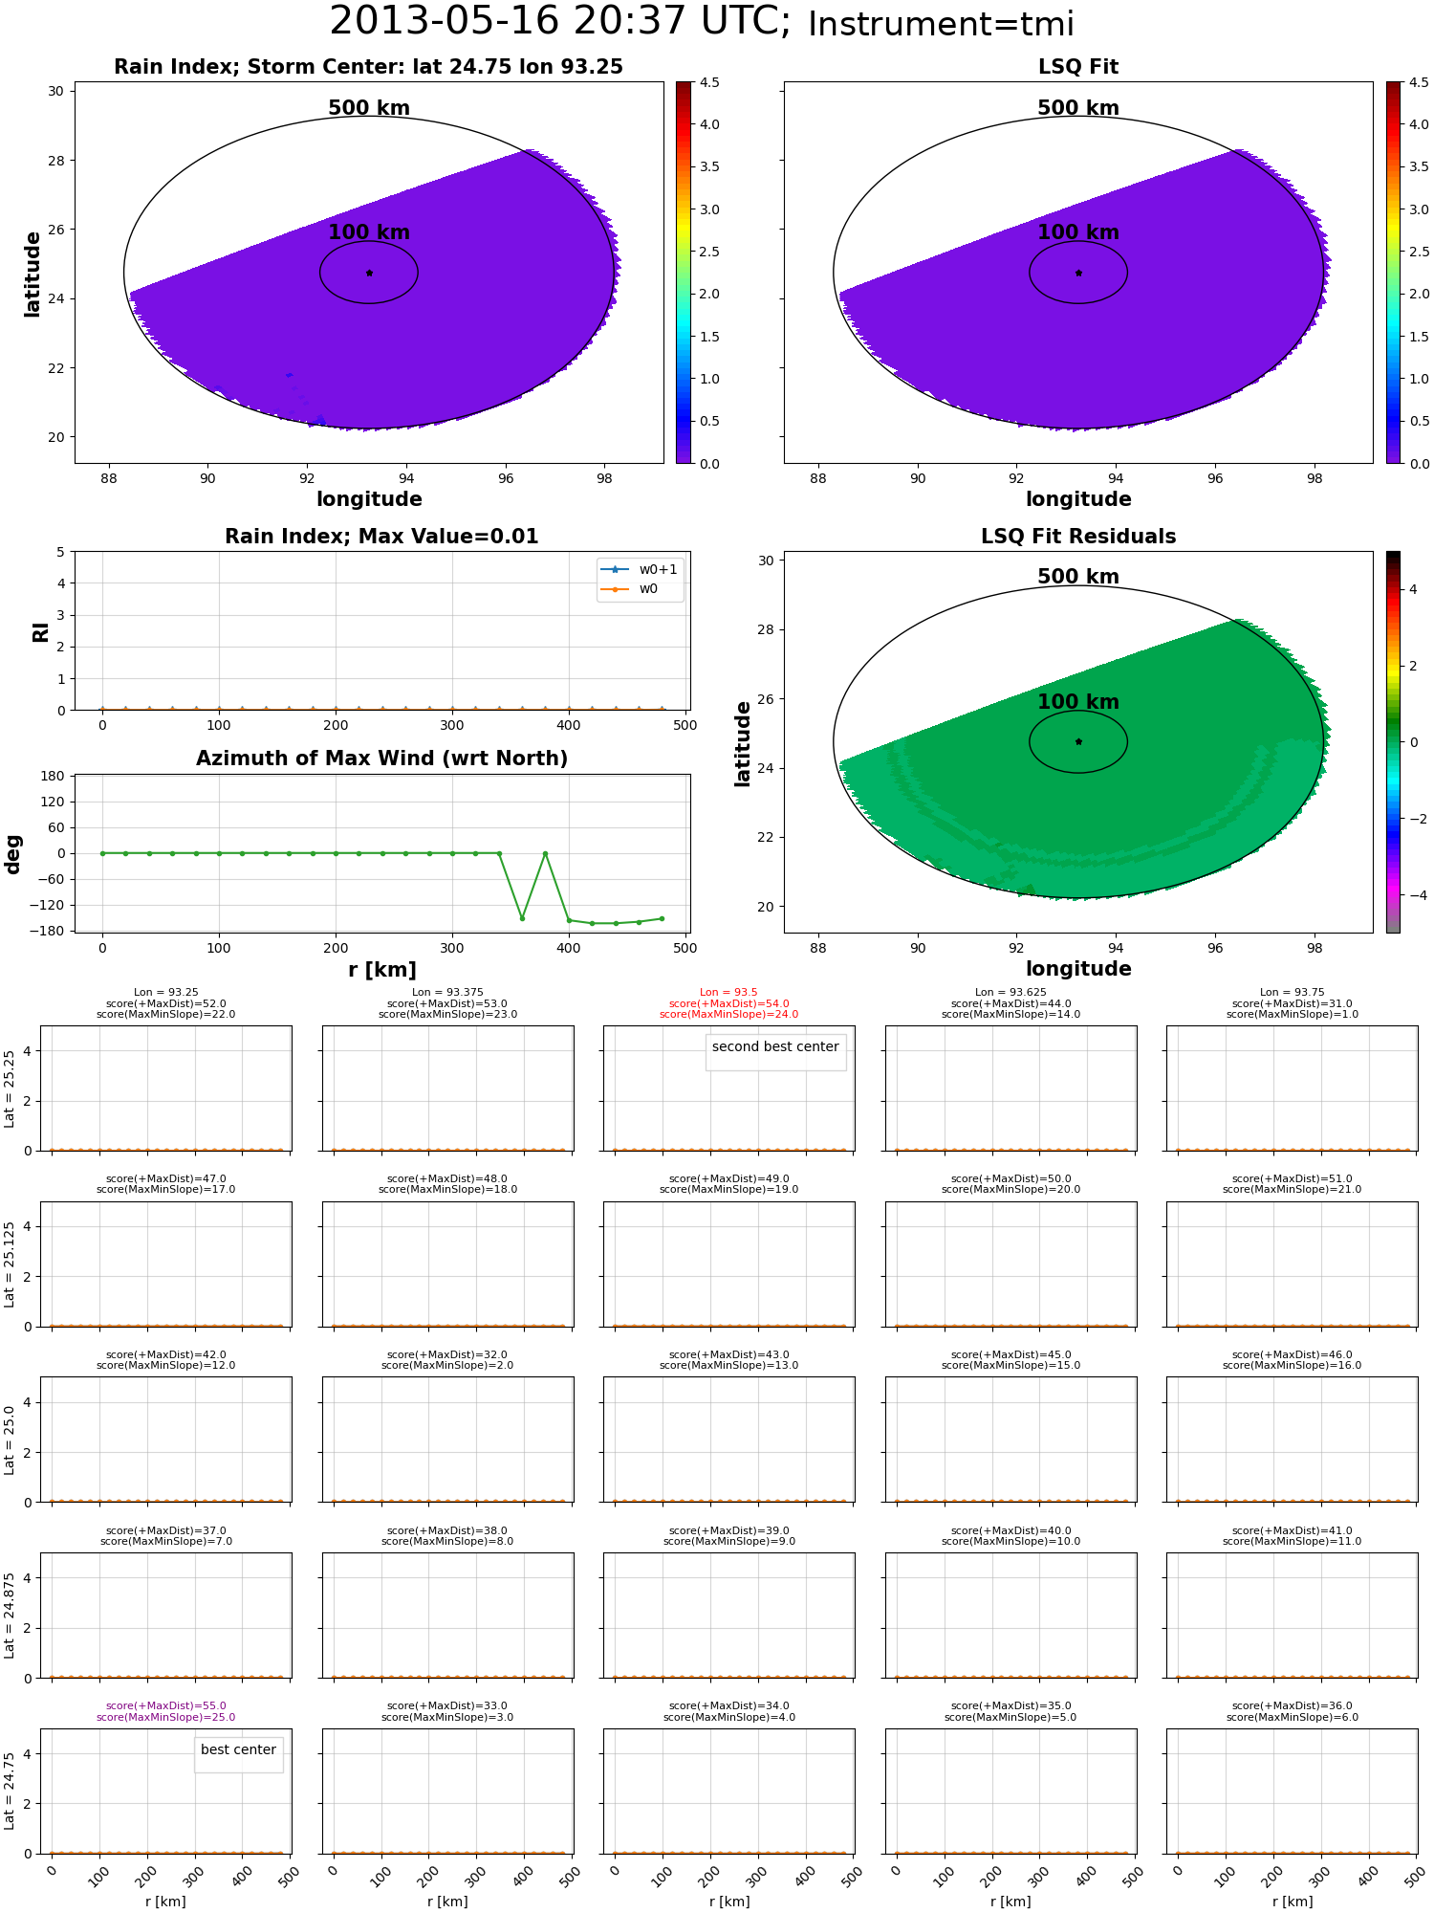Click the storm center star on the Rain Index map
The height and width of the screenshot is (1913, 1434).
coord(369,273)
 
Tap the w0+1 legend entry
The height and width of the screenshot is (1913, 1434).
coord(640,570)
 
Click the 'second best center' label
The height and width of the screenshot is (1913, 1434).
coord(775,1046)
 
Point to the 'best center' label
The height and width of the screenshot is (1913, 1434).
coord(238,1749)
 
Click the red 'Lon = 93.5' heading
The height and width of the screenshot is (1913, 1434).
coord(728,993)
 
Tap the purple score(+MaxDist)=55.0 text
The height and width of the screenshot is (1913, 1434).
coord(166,1706)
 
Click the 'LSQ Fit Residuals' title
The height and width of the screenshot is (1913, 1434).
coord(1078,537)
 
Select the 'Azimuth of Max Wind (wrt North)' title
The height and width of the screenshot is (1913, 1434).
coord(381,759)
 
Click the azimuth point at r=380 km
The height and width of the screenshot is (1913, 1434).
coord(545,853)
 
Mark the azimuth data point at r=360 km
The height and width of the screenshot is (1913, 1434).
coord(522,918)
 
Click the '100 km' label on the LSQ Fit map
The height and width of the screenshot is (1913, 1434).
coord(1078,232)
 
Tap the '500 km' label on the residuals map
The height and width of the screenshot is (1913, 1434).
coord(1078,577)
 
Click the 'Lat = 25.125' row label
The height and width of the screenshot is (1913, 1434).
coord(10,1264)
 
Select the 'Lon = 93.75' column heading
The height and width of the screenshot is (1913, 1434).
coord(1292,993)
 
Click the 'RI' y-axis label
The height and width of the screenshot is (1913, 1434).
coord(41,631)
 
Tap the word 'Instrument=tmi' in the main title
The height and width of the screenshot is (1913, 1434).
coord(942,24)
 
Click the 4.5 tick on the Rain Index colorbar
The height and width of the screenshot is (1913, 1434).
coord(708,82)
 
